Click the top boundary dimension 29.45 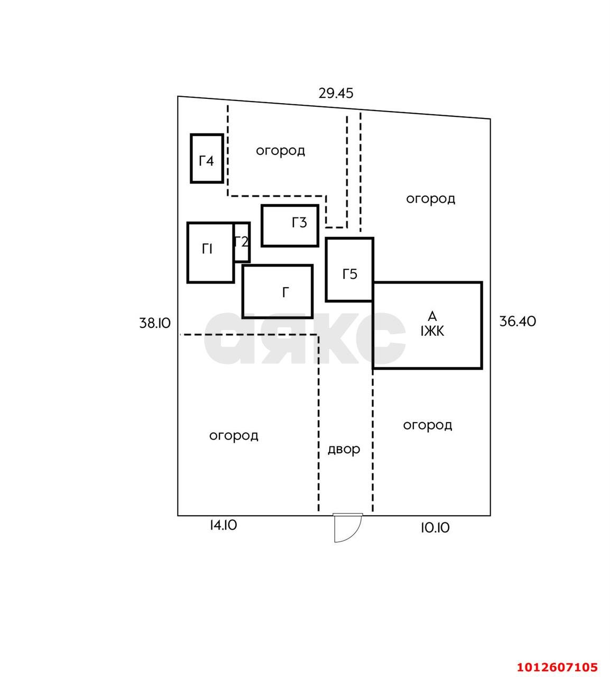click(336, 93)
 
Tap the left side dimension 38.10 click(155, 323)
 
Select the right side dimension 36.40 click(517, 321)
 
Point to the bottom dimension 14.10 click(224, 525)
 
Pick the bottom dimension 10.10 click(435, 528)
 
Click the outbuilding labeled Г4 click(207, 158)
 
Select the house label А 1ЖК click(432, 324)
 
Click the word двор click(344, 450)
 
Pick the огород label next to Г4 click(280, 151)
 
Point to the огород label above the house click(430, 199)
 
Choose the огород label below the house click(428, 426)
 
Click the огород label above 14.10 click(234, 436)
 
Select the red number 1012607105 click(557, 667)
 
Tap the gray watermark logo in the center click(304, 338)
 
